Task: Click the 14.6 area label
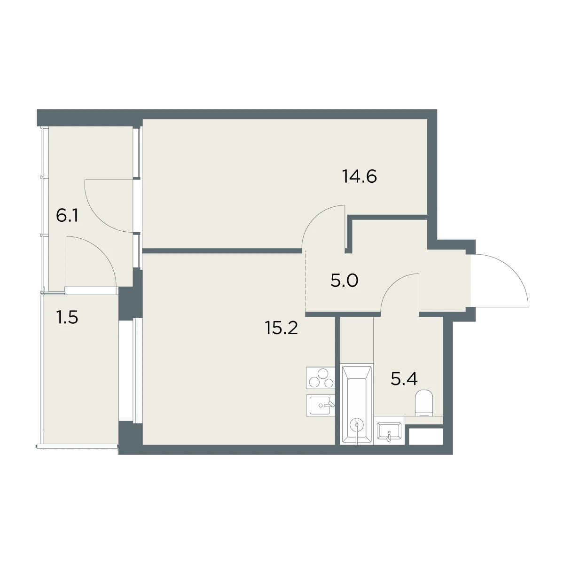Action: [360, 177]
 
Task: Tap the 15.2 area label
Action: [281, 328]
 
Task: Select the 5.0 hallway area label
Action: [344, 281]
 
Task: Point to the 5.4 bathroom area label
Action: [404, 379]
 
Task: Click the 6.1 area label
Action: [67, 216]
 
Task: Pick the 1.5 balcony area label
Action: [67, 318]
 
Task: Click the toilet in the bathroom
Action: [424, 403]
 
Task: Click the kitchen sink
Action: [321, 405]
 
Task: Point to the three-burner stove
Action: [321, 378]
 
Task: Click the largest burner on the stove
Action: [323, 374]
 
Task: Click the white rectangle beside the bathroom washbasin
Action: [426, 437]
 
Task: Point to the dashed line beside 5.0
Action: [305, 282]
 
